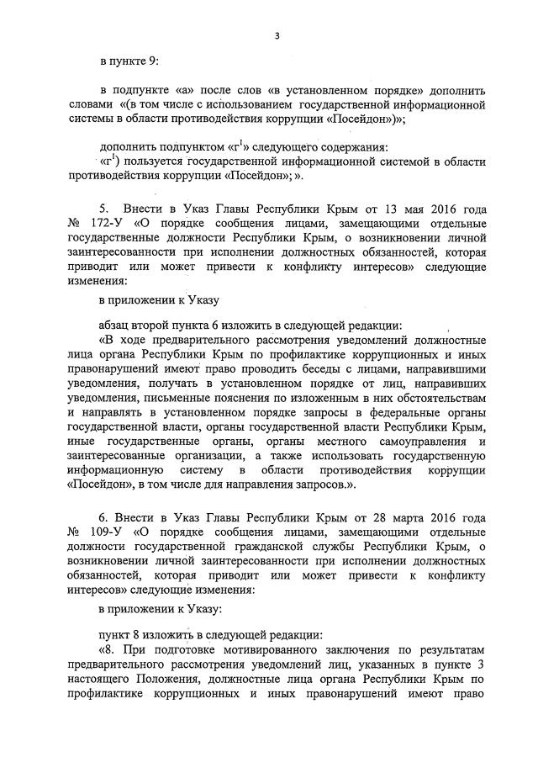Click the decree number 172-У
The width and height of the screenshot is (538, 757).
[x=100, y=223]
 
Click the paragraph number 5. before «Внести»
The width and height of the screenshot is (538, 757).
[x=104, y=208]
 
